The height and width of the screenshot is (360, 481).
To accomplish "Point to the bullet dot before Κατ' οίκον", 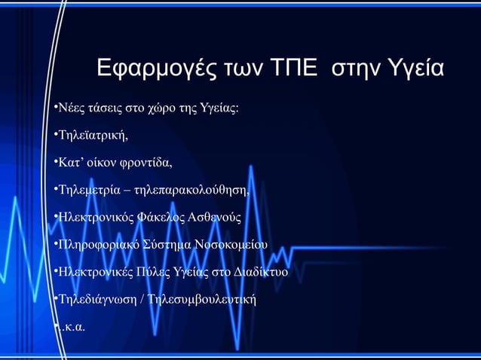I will tap(56, 162).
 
